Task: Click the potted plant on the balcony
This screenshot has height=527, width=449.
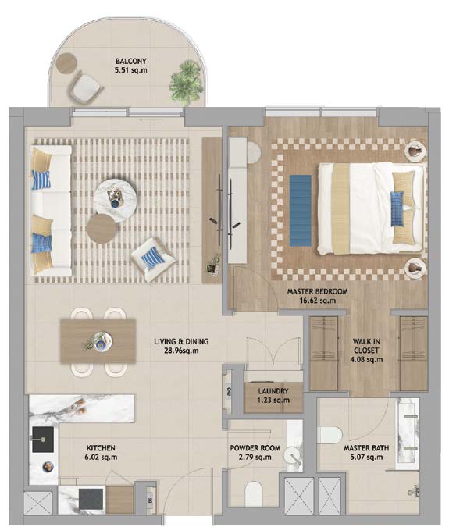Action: [x=187, y=82]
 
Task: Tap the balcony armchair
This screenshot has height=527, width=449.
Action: [x=85, y=87]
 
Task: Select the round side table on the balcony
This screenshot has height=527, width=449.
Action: [x=66, y=63]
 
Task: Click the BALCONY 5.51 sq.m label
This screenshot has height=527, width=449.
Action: [x=131, y=66]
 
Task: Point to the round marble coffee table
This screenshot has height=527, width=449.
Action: [x=116, y=196]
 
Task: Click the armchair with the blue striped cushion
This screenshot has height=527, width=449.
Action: [x=153, y=258]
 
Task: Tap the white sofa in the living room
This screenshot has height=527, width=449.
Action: [x=52, y=211]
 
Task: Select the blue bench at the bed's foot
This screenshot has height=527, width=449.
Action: [x=301, y=210]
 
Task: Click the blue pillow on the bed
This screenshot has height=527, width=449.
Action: [x=397, y=209]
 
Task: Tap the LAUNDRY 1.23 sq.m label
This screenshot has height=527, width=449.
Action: [x=273, y=396]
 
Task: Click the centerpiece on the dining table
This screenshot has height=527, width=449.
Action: [x=99, y=342]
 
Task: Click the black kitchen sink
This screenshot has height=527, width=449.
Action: [x=43, y=440]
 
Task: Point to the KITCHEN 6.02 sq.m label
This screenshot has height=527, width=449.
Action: [x=102, y=452]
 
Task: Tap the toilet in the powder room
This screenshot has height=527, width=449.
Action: [x=254, y=494]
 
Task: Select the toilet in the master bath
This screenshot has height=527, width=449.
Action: [x=330, y=436]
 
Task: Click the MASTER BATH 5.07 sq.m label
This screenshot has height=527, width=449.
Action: [x=366, y=452]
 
